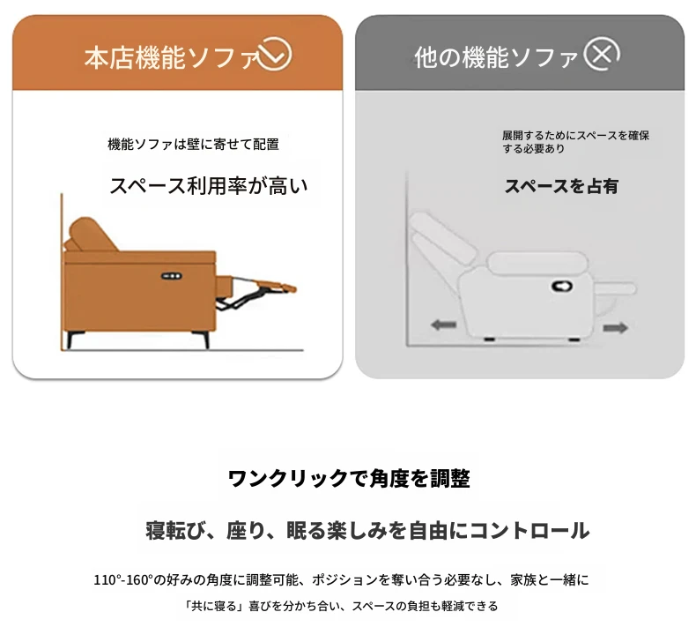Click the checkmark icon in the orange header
tap(275, 55)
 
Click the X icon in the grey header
tap(602, 54)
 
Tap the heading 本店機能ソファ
tap(171, 57)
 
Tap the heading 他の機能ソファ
tap(496, 57)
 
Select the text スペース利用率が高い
tap(208, 186)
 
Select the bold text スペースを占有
tap(561, 186)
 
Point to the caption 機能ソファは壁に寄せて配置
tap(194, 144)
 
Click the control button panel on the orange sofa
tap(171, 276)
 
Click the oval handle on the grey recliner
tap(561, 286)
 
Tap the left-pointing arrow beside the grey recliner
tap(443, 325)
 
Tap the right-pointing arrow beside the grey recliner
tap(616, 328)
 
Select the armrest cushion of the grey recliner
tap(537, 263)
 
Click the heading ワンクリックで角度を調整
tap(349, 479)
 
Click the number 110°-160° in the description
tap(123, 579)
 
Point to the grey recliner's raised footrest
tap(615, 289)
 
